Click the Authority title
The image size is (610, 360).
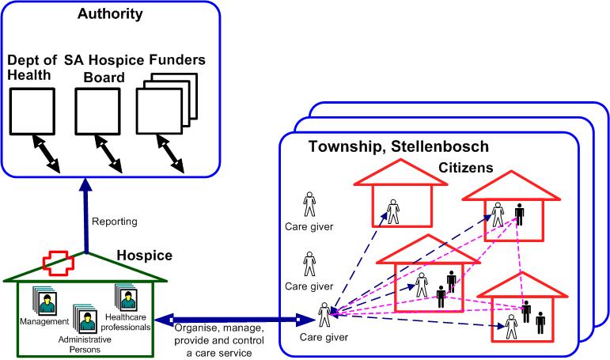click(x=110, y=13)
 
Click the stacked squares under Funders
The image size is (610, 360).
click(x=161, y=112)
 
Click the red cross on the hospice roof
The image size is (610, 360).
click(x=61, y=261)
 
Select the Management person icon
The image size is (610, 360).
click(x=45, y=301)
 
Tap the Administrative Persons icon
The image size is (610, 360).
click(x=85, y=319)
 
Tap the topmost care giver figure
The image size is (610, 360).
click(x=309, y=203)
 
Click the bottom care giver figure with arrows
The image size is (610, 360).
click(x=324, y=315)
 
